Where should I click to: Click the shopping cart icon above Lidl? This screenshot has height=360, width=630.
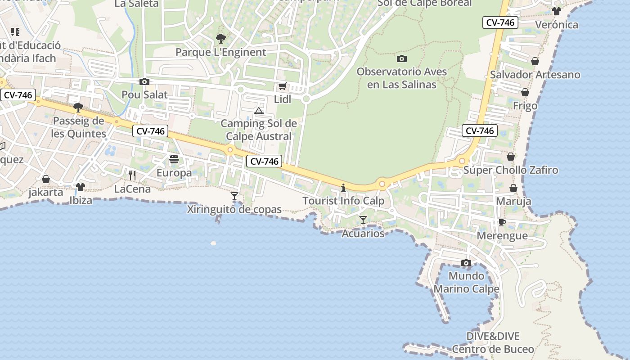coord(282,86)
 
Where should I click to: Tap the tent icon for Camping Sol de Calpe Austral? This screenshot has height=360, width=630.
coord(258,111)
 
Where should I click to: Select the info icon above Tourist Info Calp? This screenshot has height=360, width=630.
coord(343,188)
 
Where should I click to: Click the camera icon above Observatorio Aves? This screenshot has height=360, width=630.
coord(402,58)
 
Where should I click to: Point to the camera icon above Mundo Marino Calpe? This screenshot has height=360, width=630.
coord(466,263)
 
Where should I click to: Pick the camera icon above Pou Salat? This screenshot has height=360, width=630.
coord(144,81)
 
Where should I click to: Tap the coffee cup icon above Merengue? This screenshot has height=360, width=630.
coord(502,223)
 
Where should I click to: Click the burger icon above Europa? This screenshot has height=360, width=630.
coord(174,159)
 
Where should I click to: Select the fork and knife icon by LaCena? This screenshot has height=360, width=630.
coord(132,175)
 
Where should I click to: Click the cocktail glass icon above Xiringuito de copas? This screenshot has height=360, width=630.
coord(234,196)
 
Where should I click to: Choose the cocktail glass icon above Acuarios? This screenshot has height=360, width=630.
coord(363,220)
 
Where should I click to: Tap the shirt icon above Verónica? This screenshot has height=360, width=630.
coord(557,11)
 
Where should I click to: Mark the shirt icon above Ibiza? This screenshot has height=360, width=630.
coord(81,187)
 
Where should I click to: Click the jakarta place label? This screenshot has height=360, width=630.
coord(45,192)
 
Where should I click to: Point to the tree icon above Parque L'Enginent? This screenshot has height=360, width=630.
coord(220,39)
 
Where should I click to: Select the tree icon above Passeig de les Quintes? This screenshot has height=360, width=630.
coord(78,108)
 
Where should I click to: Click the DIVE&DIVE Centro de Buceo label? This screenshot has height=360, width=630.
coord(493,342)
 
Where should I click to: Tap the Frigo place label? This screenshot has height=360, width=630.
coord(525,106)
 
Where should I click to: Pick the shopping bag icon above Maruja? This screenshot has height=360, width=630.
coord(513,188)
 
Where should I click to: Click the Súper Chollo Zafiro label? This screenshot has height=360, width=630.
coord(511,170)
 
